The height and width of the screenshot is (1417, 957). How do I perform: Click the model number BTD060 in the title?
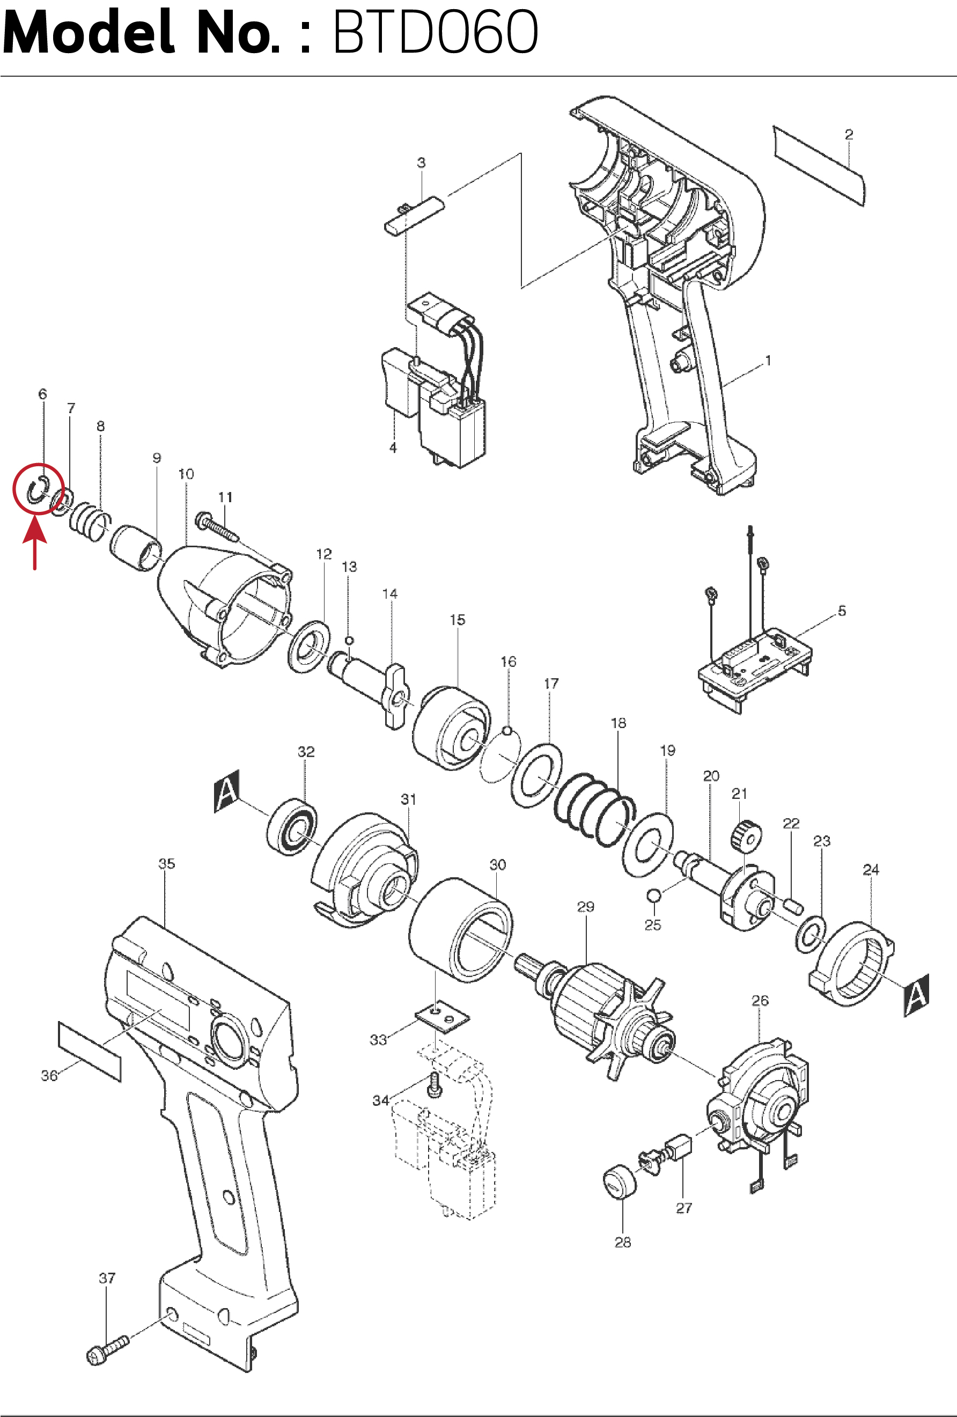(x=435, y=32)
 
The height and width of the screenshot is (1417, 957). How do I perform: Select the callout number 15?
(x=457, y=620)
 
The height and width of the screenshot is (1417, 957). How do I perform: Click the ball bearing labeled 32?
(x=292, y=826)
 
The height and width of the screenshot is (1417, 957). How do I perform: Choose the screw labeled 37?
(x=108, y=1350)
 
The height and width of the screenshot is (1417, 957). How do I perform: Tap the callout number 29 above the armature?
(x=586, y=907)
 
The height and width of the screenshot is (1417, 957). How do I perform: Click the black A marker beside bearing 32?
(x=227, y=791)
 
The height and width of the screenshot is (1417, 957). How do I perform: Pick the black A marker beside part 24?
(x=916, y=996)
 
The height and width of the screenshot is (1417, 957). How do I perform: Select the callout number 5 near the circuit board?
(x=842, y=611)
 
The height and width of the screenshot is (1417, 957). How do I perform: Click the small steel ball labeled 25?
(x=653, y=895)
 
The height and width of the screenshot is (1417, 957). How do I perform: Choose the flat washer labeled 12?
(x=309, y=647)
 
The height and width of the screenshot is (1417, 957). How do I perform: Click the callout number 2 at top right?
(x=849, y=134)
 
